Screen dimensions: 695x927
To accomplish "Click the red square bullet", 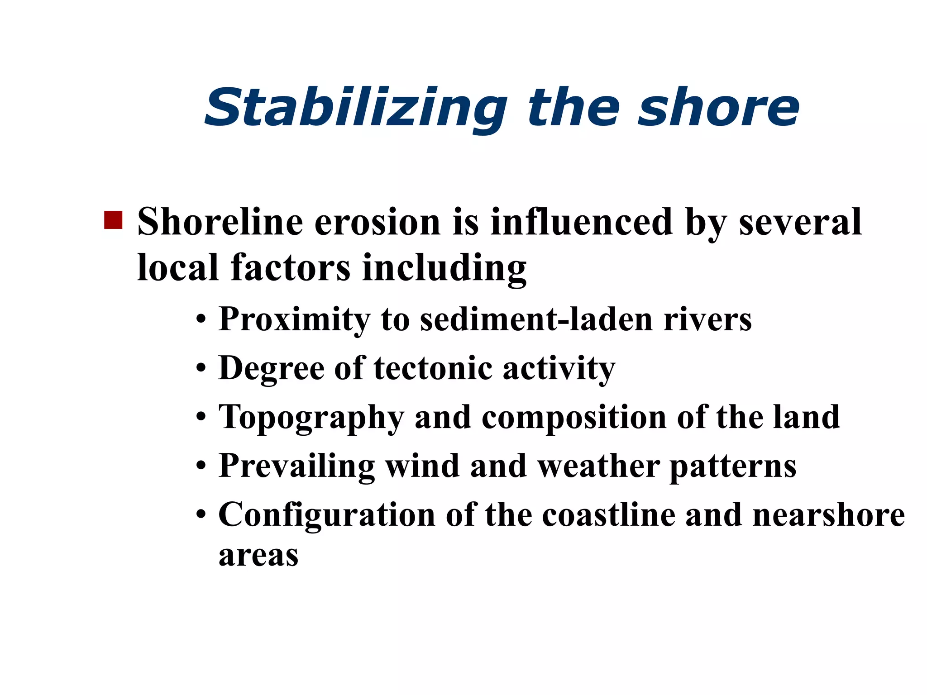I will [x=113, y=220].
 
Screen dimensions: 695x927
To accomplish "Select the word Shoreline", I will [x=220, y=222].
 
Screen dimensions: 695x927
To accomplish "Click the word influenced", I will [x=582, y=222].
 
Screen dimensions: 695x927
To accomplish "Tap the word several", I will [x=800, y=222].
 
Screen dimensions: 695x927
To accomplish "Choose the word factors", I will [x=290, y=267].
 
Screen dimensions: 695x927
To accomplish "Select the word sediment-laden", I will [x=536, y=319].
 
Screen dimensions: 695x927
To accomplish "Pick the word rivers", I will [x=707, y=319].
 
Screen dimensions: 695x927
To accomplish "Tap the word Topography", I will [x=311, y=417].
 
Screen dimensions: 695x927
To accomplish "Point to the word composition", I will [x=573, y=417].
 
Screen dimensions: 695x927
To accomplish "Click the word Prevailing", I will [x=296, y=466].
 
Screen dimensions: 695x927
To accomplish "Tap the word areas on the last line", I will [x=258, y=556].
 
